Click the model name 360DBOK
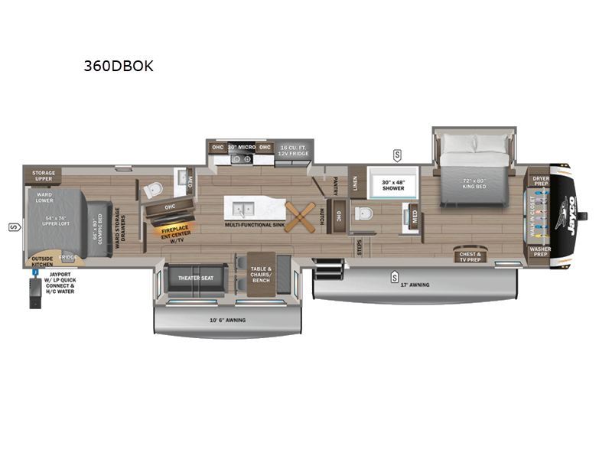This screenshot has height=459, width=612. coord(119,66)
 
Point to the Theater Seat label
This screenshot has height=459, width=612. coord(195,278)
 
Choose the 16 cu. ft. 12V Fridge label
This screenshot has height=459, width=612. coord(293,150)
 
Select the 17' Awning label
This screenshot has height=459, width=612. coord(415,285)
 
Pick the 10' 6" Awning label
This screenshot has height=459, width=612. coord(227,320)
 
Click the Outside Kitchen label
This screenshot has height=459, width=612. coord(42,261)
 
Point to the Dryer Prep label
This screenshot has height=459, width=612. coord(541,181)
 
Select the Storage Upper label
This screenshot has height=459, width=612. coord(43,177)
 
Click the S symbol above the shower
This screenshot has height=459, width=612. coord(397,155)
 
